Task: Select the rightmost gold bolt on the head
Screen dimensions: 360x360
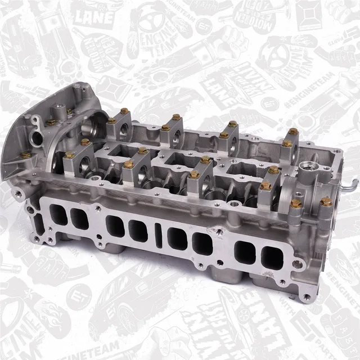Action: pyautogui.click(x=325, y=201)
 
